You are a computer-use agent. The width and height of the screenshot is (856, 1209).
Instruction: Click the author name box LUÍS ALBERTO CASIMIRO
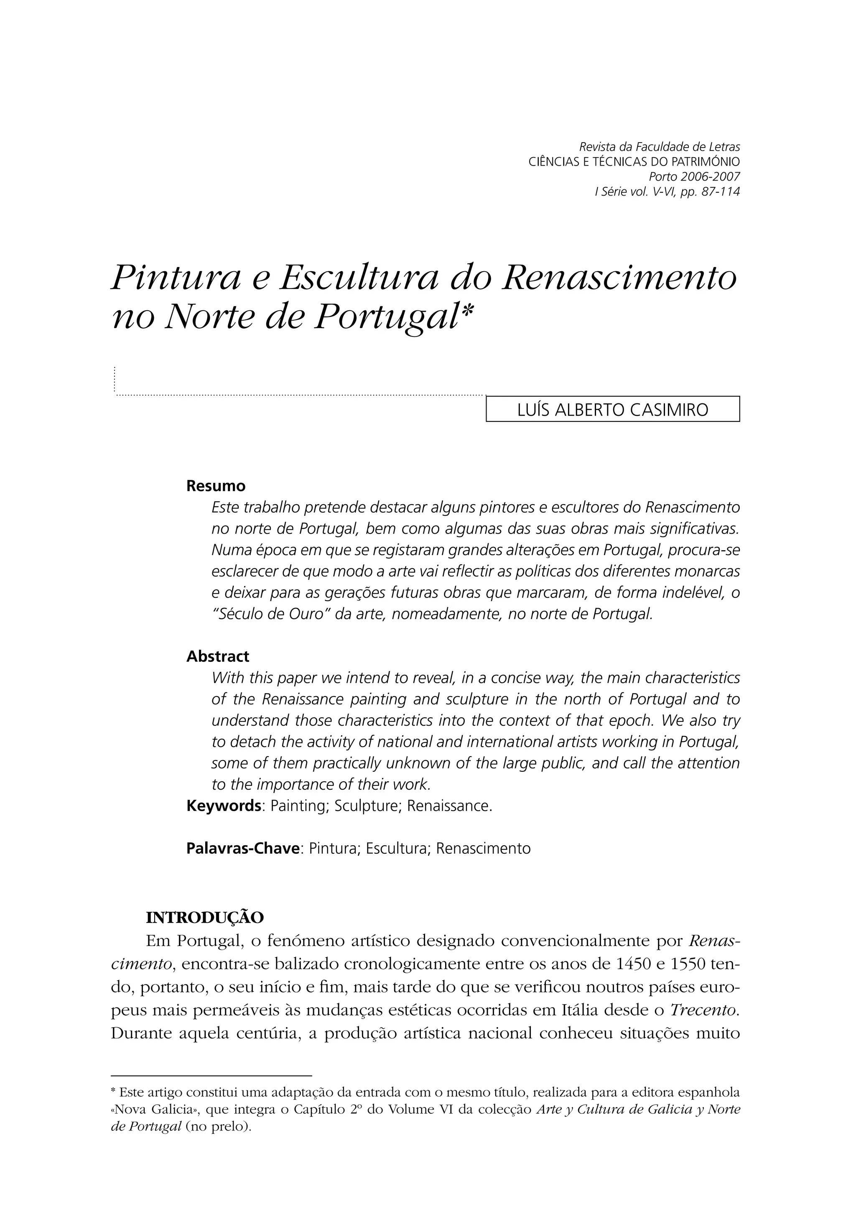coord(612,410)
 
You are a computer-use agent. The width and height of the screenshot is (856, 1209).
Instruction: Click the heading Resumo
coord(216,486)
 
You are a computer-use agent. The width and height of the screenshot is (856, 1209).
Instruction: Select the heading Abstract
coord(218,656)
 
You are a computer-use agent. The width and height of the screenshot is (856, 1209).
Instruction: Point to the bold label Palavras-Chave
coord(243,848)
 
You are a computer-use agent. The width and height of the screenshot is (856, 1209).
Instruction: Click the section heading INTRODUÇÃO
coord(204,918)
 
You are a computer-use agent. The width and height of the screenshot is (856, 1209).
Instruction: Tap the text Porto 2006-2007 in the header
coord(694,177)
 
